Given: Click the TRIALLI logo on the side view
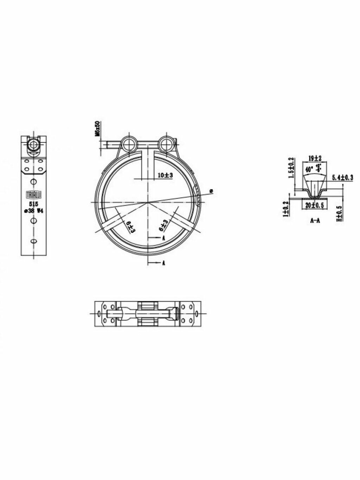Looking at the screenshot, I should click(x=33, y=195).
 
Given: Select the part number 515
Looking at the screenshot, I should click(x=33, y=204).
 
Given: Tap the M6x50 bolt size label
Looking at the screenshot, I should click(x=98, y=129).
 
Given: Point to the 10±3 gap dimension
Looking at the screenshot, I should click(x=165, y=175).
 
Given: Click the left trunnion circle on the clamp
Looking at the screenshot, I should click(x=129, y=143).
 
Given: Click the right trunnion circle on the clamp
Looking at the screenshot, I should click(x=165, y=143).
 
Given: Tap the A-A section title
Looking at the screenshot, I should click(x=315, y=221).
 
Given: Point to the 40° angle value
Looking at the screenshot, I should click(x=309, y=169).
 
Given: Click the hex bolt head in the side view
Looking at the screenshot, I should click(x=34, y=145).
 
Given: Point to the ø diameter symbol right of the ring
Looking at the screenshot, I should click(x=211, y=191).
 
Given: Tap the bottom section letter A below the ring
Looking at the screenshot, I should click(x=164, y=263).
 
